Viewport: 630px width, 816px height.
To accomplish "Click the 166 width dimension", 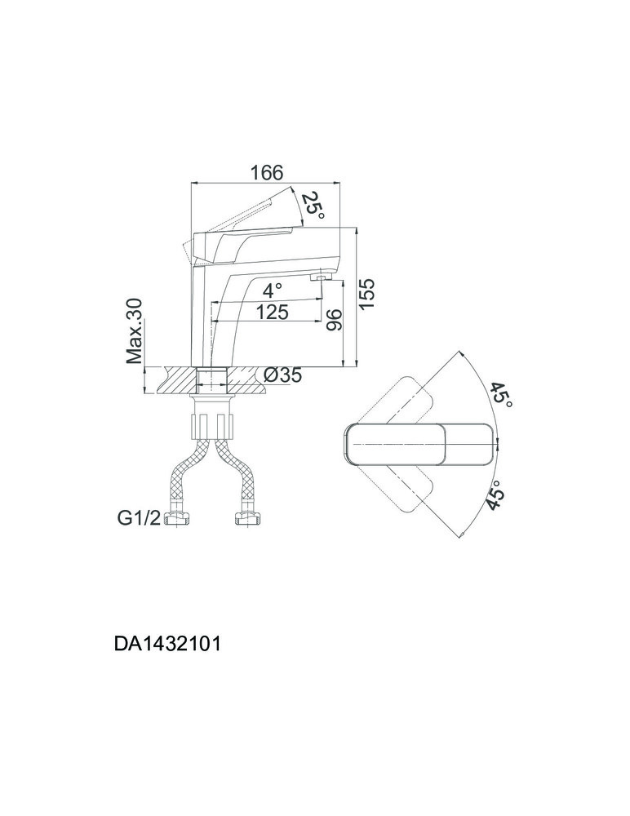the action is (x=267, y=173).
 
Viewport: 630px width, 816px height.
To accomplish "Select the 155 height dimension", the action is (x=367, y=295).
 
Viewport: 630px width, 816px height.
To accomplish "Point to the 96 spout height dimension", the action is (x=334, y=320).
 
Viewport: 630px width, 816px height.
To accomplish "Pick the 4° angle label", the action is (x=273, y=290).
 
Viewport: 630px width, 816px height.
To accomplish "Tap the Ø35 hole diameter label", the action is (x=282, y=375).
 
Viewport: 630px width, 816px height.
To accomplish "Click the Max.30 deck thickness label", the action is (x=135, y=331).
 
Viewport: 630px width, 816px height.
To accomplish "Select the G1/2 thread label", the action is (x=139, y=518).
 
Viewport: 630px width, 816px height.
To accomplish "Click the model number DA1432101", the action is (x=167, y=645).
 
